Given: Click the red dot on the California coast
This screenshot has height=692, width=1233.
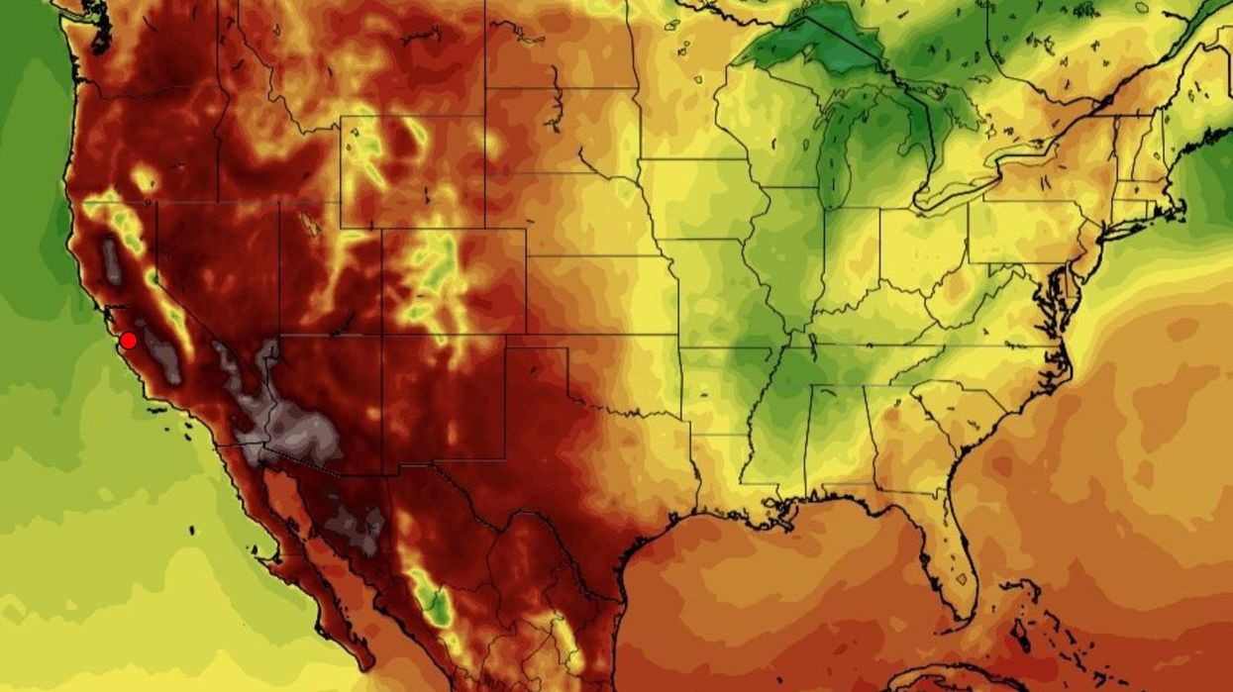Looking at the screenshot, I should [128, 341].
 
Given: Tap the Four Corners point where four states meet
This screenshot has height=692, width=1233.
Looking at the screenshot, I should [382, 335].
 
